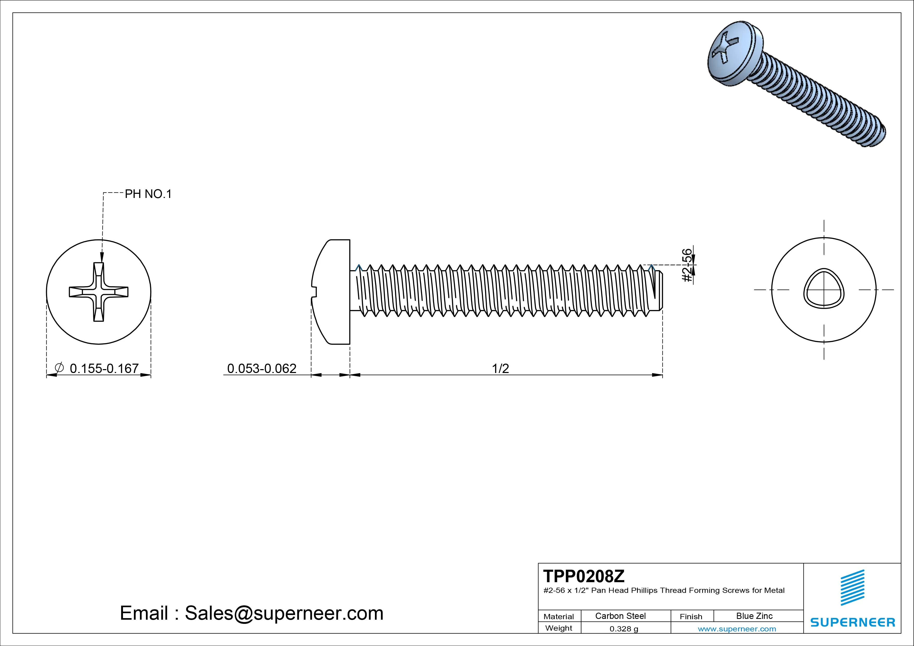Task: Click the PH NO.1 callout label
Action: [148, 194]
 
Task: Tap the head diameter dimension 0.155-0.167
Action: [104, 369]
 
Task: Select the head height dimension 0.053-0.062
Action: [262, 369]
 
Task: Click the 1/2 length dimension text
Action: [501, 369]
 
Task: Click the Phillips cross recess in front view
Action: [99, 292]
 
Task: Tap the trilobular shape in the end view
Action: [824, 289]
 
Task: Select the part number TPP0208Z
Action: [584, 576]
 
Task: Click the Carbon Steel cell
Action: [620, 616]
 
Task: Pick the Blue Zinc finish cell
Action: [754, 616]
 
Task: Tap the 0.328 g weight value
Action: [624, 629]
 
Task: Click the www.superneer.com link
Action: [737, 629]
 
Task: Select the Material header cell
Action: [559, 616]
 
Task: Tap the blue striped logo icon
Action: [852, 587]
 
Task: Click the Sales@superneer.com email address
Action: [284, 613]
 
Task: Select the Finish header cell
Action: [691, 616]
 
